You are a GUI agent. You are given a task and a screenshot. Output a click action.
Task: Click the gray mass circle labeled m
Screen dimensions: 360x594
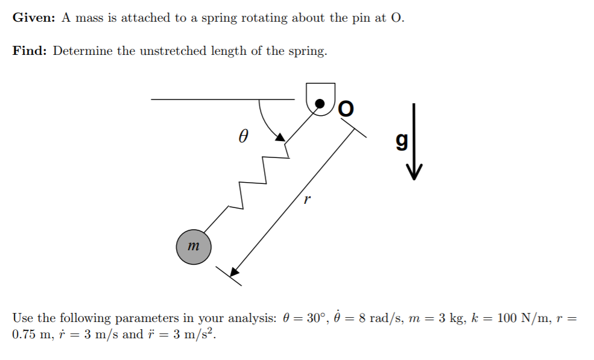194,247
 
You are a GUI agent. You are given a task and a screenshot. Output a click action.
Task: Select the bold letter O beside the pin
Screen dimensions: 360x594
346,109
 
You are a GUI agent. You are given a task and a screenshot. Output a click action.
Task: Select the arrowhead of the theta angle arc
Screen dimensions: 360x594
280,137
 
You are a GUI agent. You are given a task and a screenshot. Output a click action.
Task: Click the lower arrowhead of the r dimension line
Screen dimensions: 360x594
235,273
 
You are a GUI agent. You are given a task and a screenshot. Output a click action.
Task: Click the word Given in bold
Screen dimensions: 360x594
34,17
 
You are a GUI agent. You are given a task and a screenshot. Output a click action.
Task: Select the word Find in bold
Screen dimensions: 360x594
29,51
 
